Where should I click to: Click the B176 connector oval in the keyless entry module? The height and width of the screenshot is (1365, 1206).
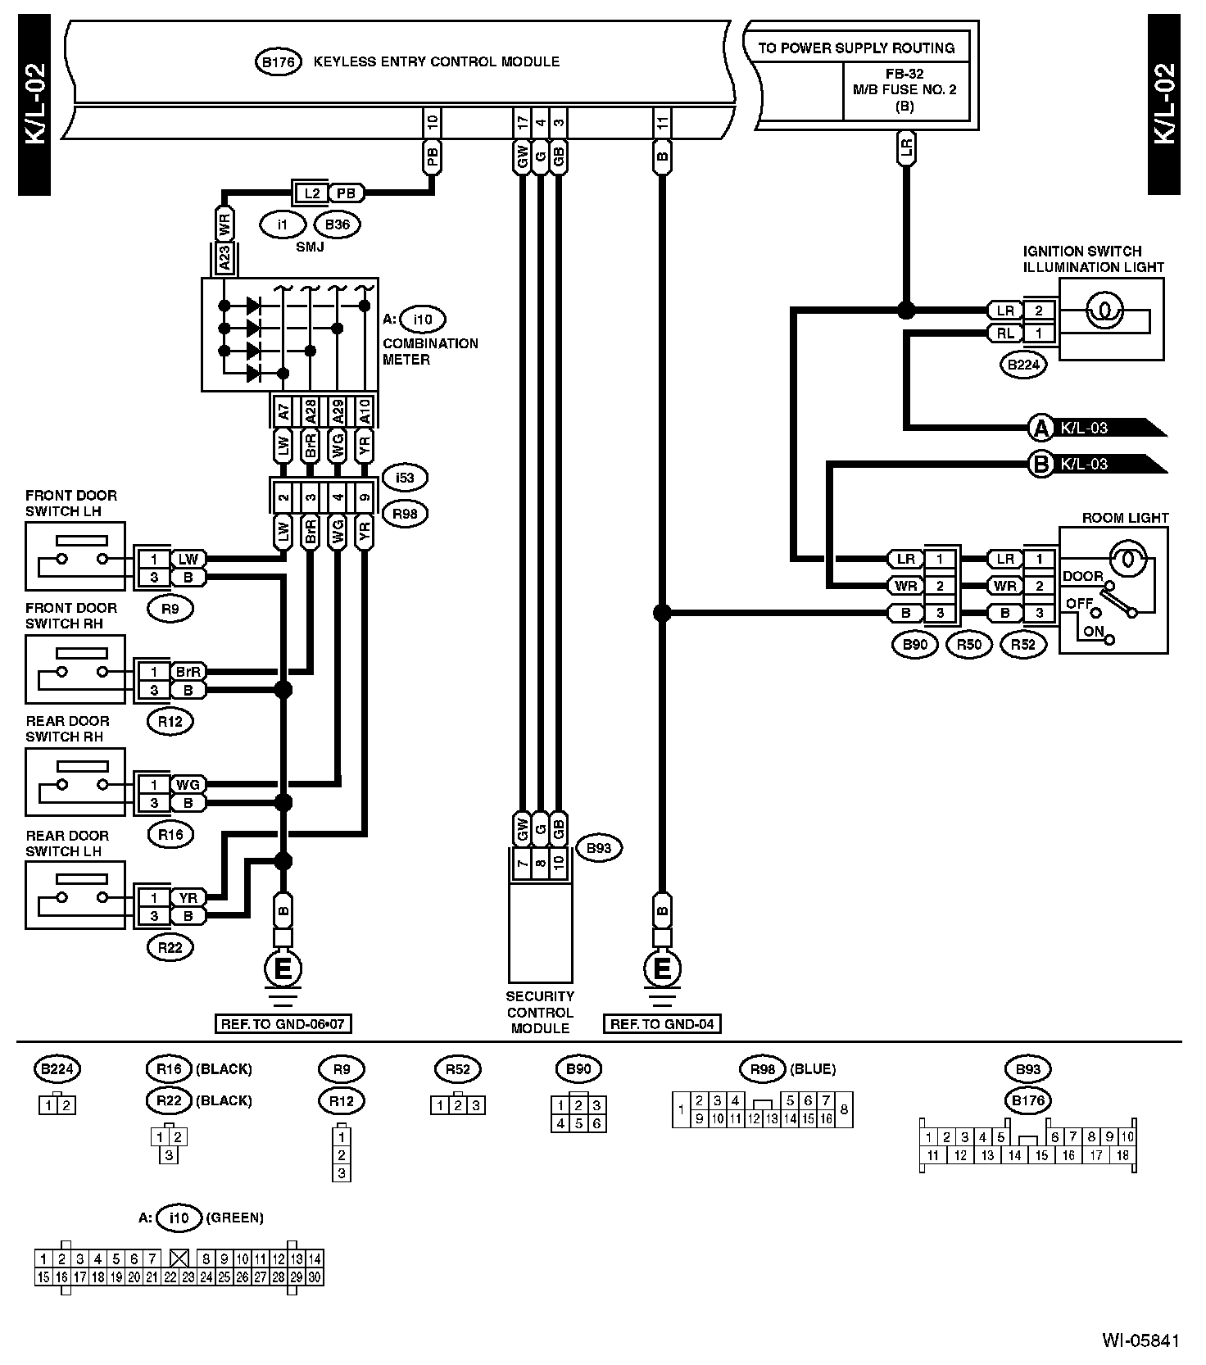[279, 62]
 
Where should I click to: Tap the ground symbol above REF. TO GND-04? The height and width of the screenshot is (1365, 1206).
[662, 969]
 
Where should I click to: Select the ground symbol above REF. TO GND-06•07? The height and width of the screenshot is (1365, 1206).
[283, 969]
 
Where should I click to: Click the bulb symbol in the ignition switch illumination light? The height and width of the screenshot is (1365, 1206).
[1104, 311]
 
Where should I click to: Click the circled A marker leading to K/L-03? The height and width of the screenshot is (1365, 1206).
[1041, 428]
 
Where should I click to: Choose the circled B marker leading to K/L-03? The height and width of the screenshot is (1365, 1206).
[1041, 465]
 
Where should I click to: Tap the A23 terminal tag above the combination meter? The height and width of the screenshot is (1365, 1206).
[224, 259]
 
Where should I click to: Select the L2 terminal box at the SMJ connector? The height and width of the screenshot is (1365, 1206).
[311, 193]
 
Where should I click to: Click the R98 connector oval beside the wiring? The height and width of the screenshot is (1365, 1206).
[404, 515]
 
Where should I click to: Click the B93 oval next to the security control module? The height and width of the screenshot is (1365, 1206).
[599, 848]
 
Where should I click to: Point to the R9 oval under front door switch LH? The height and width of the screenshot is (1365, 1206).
[170, 609]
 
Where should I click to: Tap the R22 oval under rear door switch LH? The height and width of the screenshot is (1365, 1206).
[170, 948]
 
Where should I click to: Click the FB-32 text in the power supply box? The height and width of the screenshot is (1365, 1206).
[904, 74]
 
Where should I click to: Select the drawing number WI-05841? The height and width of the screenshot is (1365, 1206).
[1140, 1340]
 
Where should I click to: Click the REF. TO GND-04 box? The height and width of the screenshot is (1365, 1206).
[662, 1024]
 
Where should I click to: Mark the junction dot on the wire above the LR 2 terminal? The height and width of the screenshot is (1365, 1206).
[905, 311]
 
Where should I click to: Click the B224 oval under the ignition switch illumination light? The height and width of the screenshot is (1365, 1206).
[1023, 365]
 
